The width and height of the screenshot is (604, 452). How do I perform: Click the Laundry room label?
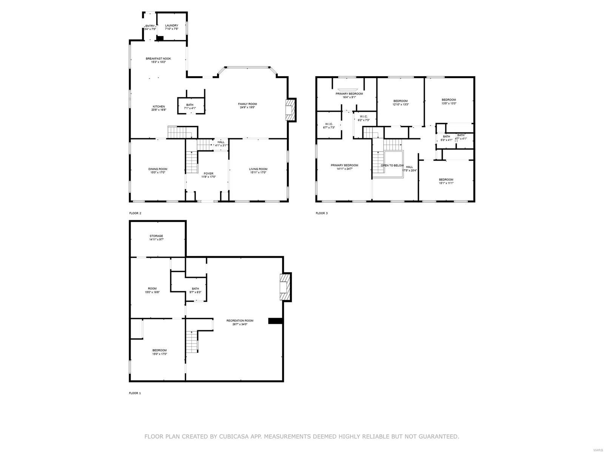pyautogui.click(x=171, y=26)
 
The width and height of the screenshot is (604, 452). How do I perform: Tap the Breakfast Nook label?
pyautogui.click(x=158, y=58)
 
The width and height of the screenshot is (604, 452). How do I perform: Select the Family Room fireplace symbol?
pyautogui.click(x=290, y=110)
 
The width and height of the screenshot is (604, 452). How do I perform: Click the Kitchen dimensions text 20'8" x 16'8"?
pyautogui.click(x=159, y=110)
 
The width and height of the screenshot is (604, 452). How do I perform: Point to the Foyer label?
pyautogui.click(x=208, y=173)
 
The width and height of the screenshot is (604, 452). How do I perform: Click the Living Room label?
pyautogui.click(x=258, y=169)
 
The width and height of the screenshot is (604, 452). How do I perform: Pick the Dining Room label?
pyautogui.click(x=158, y=169)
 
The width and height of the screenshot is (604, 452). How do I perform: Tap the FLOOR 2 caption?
pyautogui.click(x=135, y=213)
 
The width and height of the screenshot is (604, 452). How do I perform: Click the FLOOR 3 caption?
pyautogui.click(x=322, y=213)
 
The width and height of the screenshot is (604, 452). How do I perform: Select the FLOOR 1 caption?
pyautogui.click(x=135, y=393)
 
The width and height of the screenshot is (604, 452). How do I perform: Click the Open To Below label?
pyautogui.click(x=392, y=165)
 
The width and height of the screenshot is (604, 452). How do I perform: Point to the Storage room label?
pyautogui.click(x=156, y=236)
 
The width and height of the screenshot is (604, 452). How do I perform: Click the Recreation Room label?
pyautogui.click(x=240, y=320)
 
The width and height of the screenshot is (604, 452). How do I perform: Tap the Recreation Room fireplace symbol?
pyautogui.click(x=285, y=287)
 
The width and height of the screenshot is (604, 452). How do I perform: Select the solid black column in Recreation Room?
pyautogui.click(x=276, y=321)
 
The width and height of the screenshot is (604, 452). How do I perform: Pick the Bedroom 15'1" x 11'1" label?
pyautogui.click(x=446, y=179)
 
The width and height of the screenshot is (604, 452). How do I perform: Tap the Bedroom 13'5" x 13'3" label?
pyautogui.click(x=449, y=100)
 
